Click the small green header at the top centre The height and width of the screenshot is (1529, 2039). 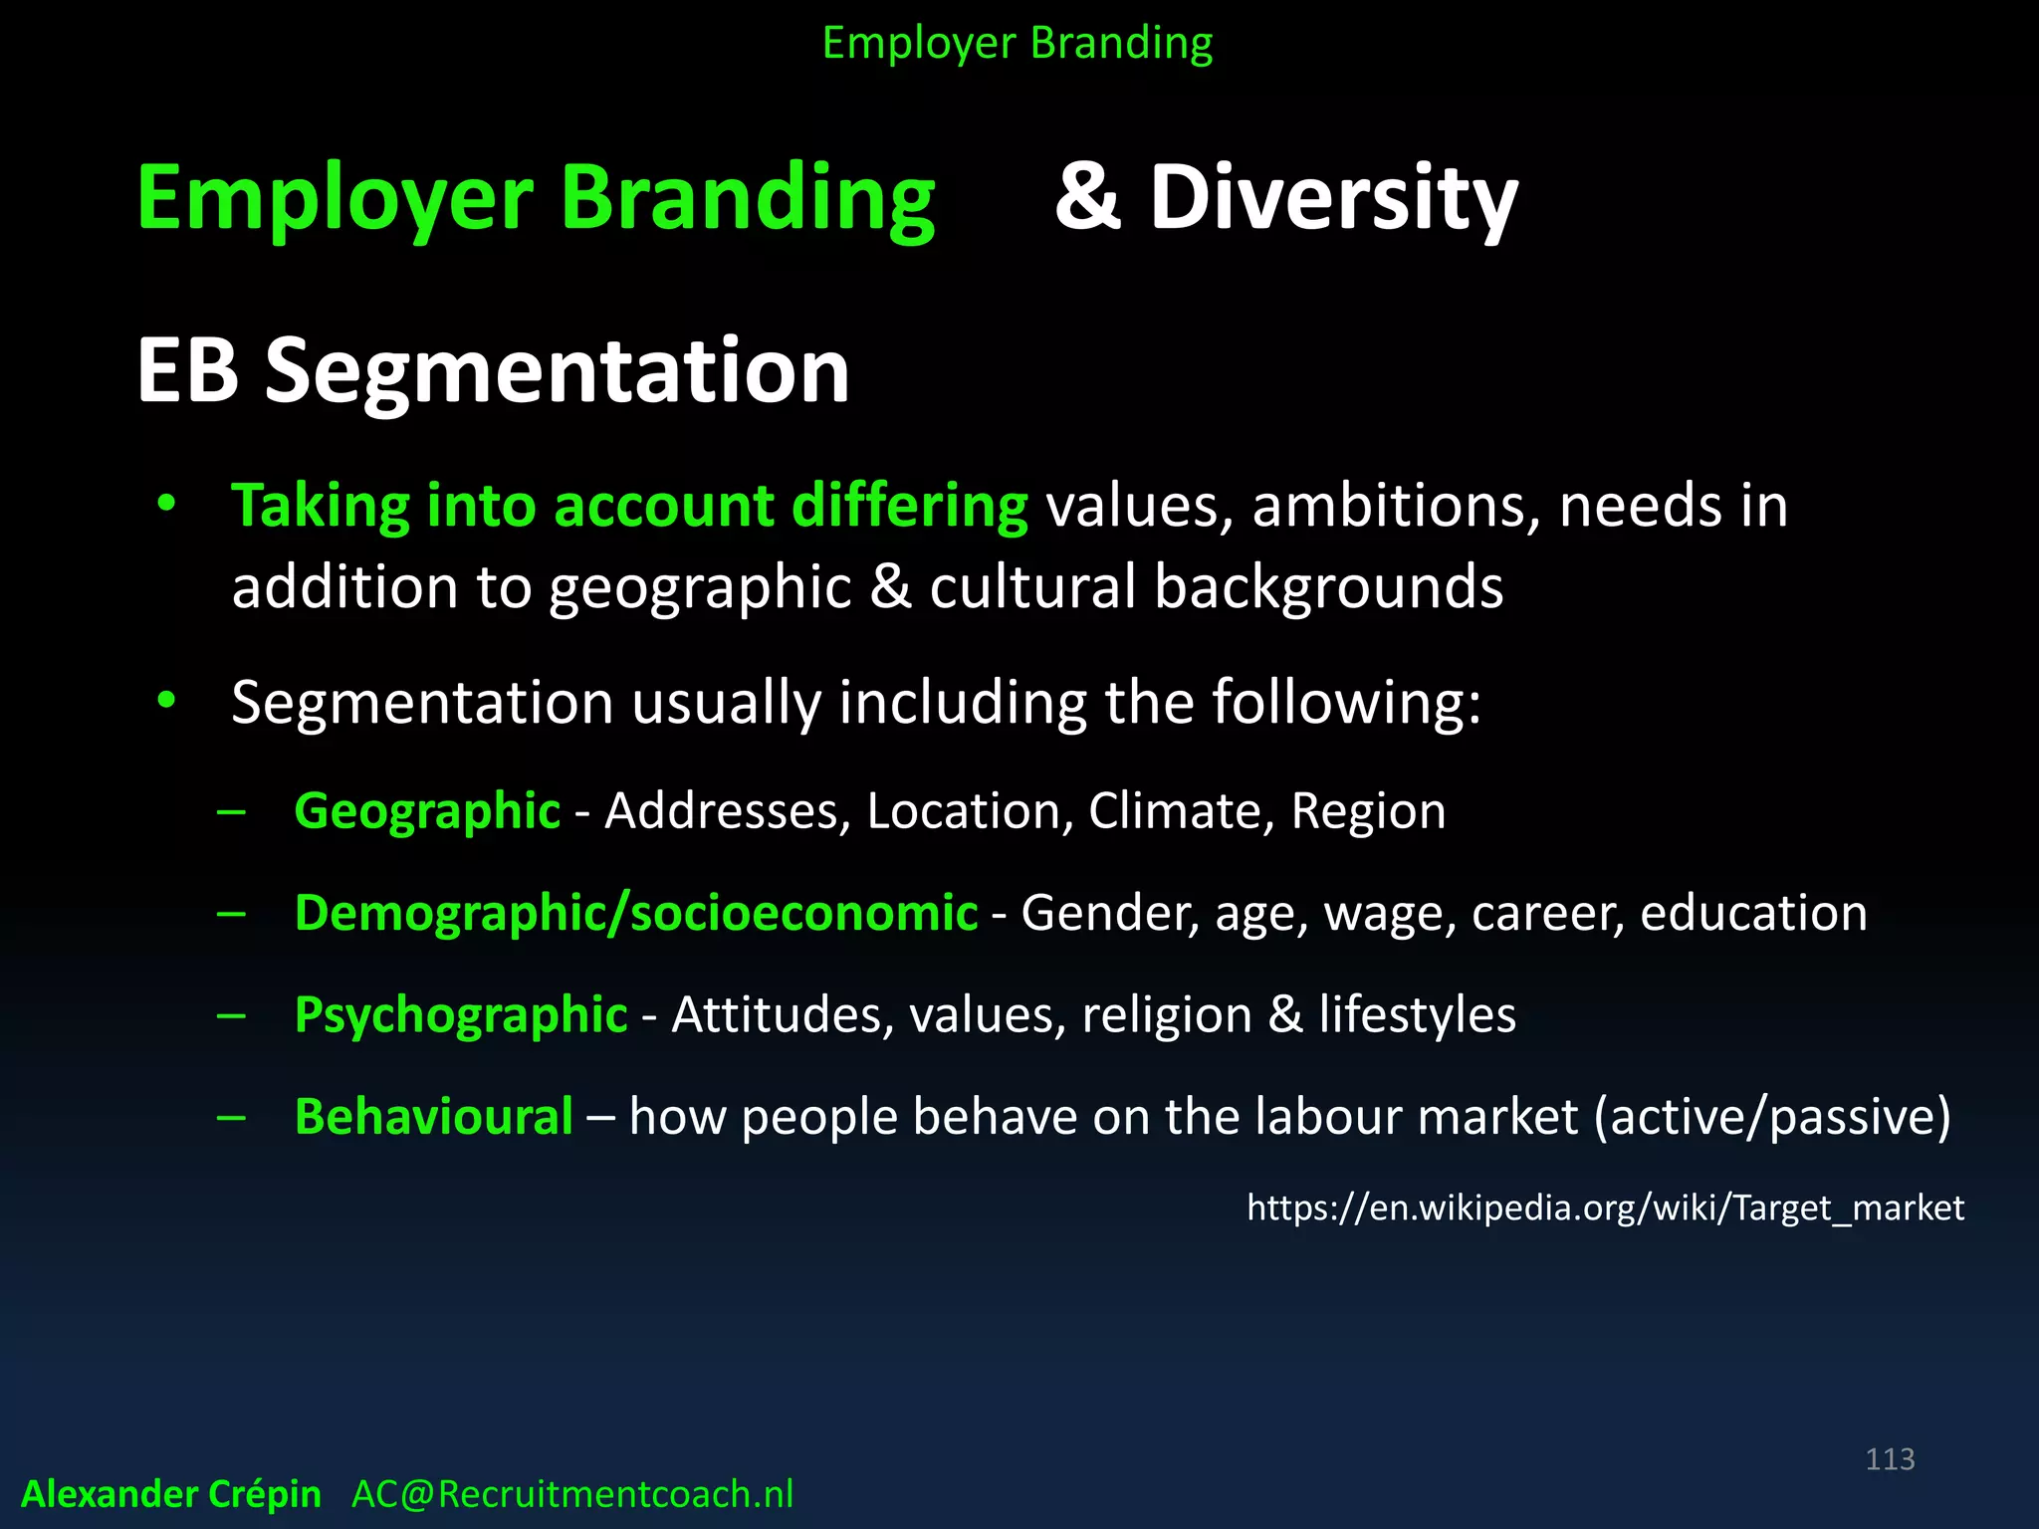tap(1018, 44)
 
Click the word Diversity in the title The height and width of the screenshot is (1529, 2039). tap(1334, 198)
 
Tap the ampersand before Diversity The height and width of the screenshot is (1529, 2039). tap(1088, 197)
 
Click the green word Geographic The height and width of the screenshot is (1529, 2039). tap(427, 810)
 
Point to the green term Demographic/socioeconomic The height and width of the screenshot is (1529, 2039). tap(636, 913)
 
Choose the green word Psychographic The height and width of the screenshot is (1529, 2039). tap(461, 1015)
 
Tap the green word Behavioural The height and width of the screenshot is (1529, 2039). tap(434, 1116)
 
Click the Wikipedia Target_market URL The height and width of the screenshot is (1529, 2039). tap(1605, 1207)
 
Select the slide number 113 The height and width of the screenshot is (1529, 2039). tap(1890, 1459)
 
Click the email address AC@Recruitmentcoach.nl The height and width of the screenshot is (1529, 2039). tap(572, 1494)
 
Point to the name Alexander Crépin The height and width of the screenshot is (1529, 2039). tap(171, 1494)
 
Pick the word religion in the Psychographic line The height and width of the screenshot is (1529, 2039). tap(1167, 1015)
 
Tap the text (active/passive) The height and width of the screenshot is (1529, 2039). tap(1772, 1116)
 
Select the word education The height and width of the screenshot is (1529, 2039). tap(1753, 913)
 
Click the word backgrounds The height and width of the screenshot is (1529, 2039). tap(1328, 586)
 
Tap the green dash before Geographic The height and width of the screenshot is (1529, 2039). tap(231, 811)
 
